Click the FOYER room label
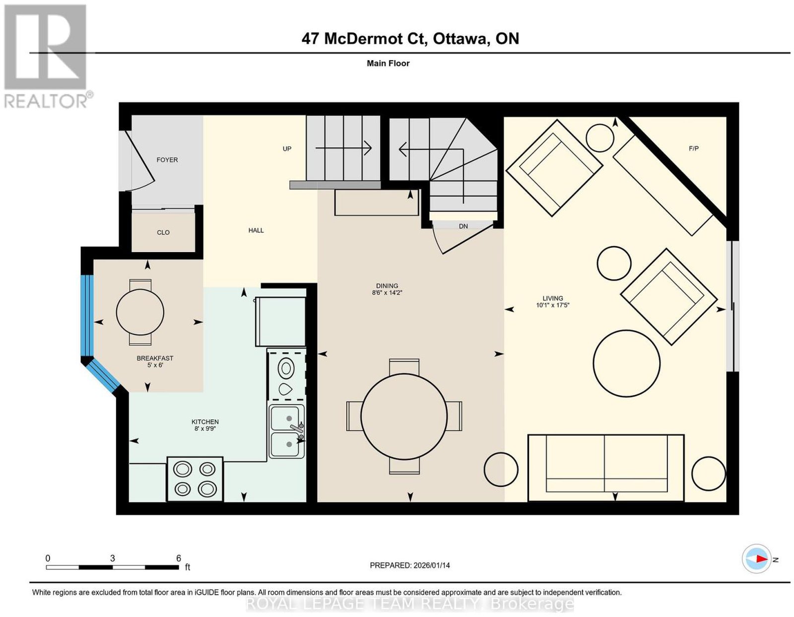pyautogui.click(x=167, y=160)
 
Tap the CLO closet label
pyautogui.click(x=163, y=232)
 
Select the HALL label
pyautogui.click(x=256, y=230)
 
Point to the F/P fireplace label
pyautogui.click(x=694, y=149)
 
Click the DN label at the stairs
pyautogui.click(x=463, y=226)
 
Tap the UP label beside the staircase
pyautogui.click(x=287, y=149)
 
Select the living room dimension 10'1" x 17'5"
pyautogui.click(x=552, y=305)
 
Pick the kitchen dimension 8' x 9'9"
pyautogui.click(x=205, y=428)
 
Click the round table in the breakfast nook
pyautogui.click(x=140, y=312)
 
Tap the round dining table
pyautogui.click(x=404, y=416)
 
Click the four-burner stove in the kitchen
pyautogui.click(x=195, y=479)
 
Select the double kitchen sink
pyautogui.click(x=287, y=431)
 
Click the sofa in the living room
pyautogui.click(x=606, y=468)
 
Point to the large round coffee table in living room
pyautogui.click(x=626, y=363)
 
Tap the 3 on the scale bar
pyautogui.click(x=112, y=558)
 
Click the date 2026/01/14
pyautogui.click(x=432, y=565)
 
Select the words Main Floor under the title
pyautogui.click(x=388, y=63)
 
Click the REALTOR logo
pyautogui.click(x=46, y=57)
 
